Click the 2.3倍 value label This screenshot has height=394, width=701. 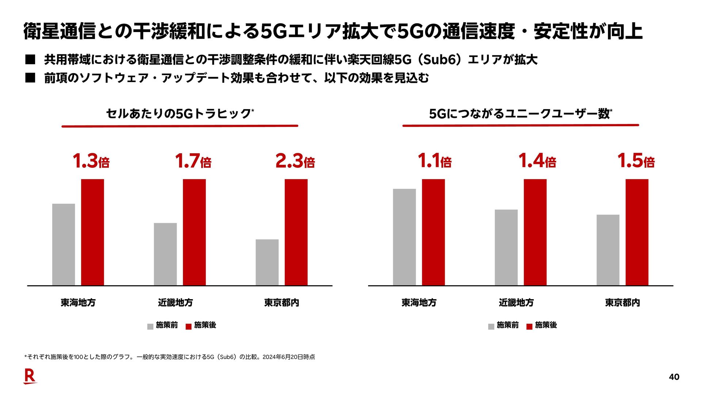(295, 161)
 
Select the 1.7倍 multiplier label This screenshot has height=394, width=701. (193, 161)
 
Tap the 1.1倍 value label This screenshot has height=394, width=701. (434, 161)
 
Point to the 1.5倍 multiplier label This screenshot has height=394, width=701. (636, 161)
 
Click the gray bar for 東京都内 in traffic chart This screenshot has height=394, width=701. (267, 262)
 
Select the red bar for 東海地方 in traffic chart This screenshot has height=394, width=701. (92, 232)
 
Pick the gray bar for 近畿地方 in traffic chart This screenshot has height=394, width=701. (165, 254)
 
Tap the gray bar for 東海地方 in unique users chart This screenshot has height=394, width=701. (404, 237)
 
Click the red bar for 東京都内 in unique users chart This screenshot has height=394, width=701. (637, 232)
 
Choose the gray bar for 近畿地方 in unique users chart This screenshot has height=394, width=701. (506, 247)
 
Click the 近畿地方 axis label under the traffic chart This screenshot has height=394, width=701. (175, 302)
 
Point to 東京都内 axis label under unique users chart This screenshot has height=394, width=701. (622, 302)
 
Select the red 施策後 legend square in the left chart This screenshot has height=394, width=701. (188, 327)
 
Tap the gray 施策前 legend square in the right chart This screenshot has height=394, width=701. (491, 327)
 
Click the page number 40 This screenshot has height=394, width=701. (674, 377)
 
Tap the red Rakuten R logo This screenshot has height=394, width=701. (30, 376)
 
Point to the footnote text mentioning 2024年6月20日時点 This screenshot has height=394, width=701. (169, 357)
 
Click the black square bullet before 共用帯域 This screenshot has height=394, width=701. (30, 59)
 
